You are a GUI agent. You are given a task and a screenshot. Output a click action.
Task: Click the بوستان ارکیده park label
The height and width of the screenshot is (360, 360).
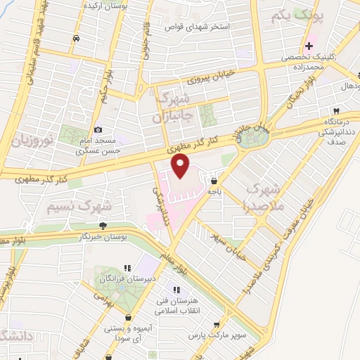tap(104, 6)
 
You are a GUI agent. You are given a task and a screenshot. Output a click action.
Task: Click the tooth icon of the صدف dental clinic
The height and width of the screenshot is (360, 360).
tap(336, 112)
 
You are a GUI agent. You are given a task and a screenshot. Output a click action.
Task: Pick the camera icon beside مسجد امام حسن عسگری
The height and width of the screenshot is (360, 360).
tap(98, 129)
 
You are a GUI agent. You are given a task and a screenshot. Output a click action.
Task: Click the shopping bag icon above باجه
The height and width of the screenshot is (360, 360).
tap(212, 181)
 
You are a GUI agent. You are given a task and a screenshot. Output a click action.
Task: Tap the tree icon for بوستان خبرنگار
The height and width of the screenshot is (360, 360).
tap(103, 225)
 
